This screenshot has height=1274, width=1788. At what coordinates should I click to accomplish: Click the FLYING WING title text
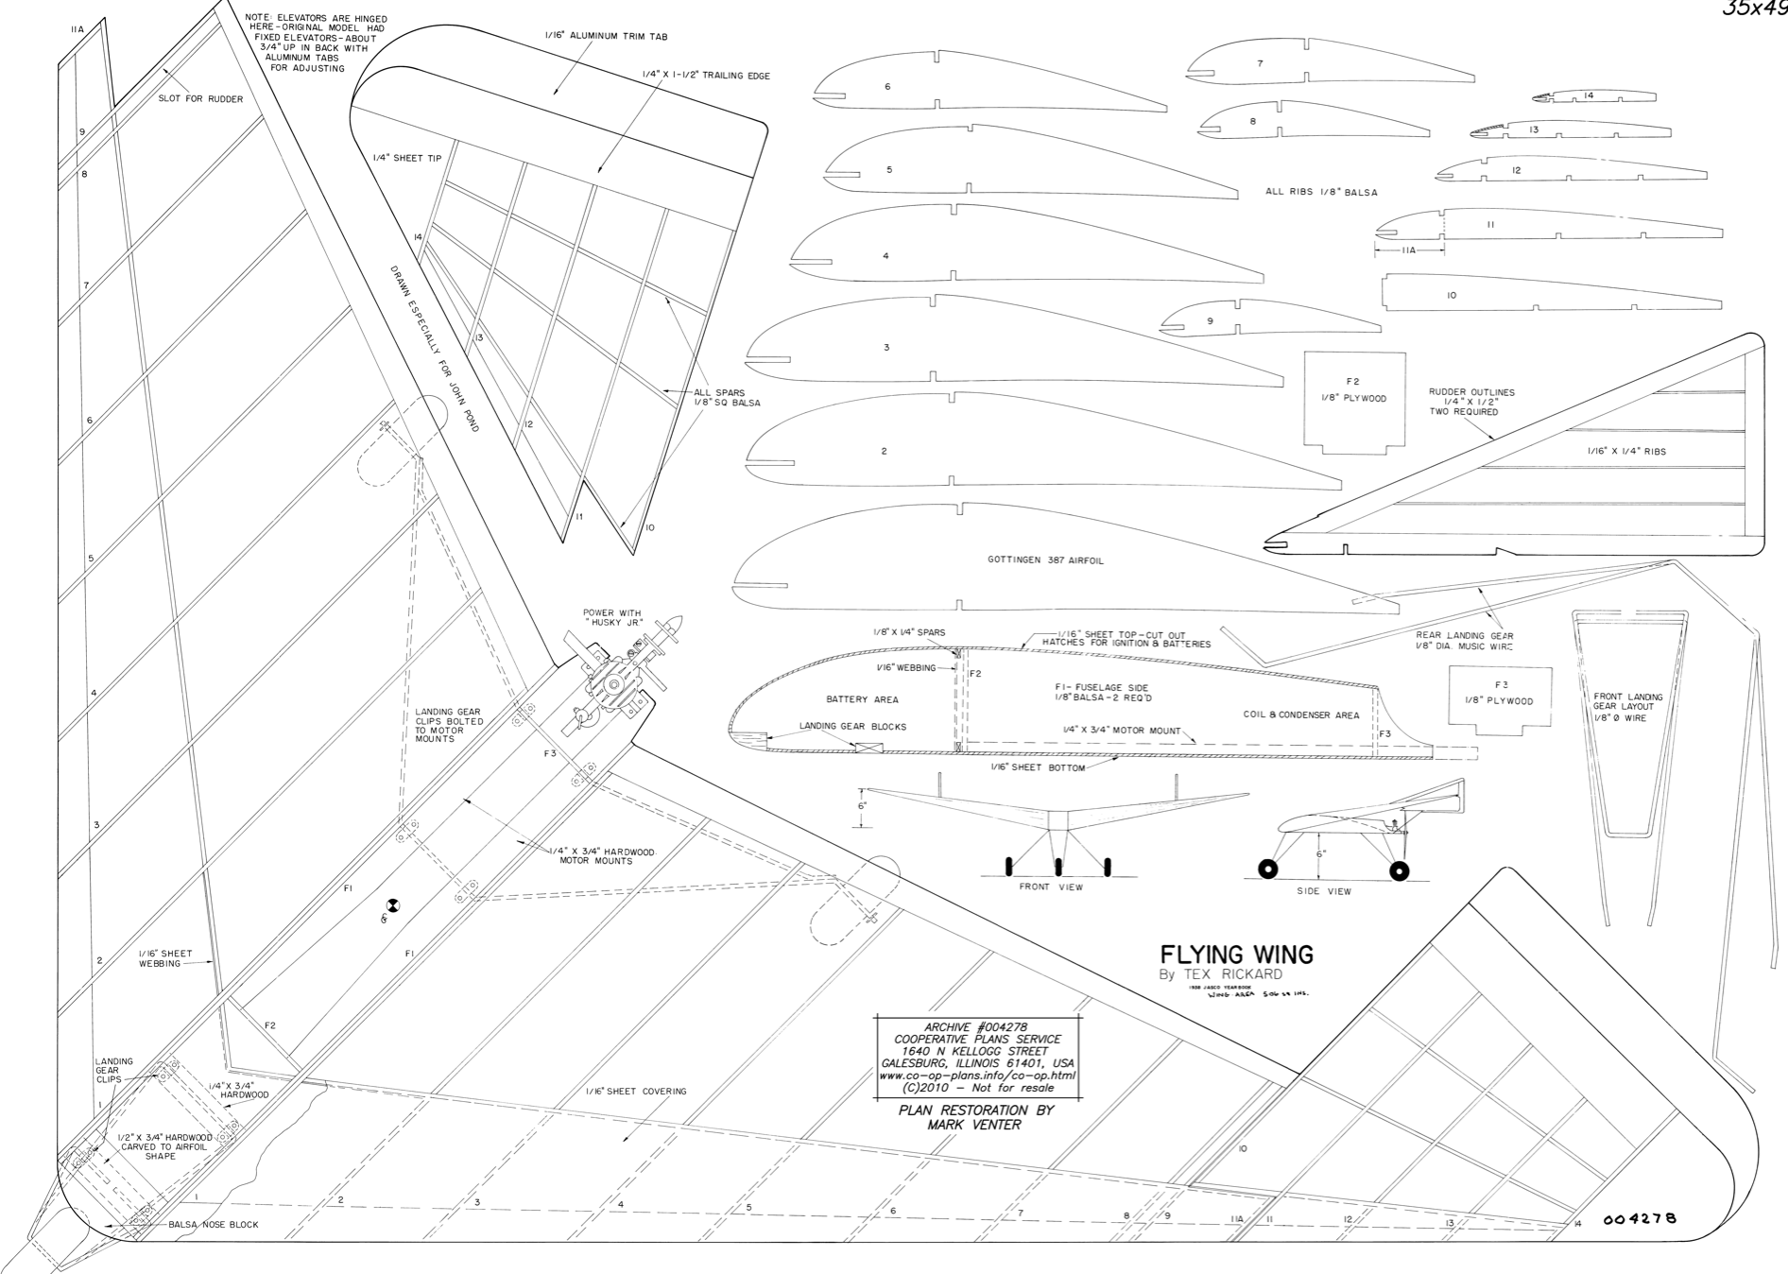click(1236, 955)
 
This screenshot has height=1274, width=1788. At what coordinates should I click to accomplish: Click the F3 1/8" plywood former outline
click(1499, 697)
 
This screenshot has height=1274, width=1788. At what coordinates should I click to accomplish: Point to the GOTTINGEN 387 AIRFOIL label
click(1045, 560)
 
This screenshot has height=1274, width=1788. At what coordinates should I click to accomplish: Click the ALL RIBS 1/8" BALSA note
click(1320, 192)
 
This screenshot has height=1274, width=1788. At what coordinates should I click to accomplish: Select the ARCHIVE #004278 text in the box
click(977, 1027)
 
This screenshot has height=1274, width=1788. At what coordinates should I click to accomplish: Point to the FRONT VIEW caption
click(1051, 887)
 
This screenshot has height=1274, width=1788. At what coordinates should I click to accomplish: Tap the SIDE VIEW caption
click(1324, 891)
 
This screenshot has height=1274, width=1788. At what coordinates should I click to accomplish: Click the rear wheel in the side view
click(1401, 870)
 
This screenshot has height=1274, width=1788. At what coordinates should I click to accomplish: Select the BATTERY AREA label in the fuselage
click(862, 699)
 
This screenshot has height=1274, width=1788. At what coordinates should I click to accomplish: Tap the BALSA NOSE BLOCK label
click(213, 1225)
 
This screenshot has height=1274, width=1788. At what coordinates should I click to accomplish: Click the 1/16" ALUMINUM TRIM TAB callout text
click(606, 37)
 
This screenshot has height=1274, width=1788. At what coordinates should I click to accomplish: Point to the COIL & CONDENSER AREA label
click(1300, 715)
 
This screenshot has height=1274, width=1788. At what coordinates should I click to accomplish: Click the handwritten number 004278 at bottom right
click(1640, 1218)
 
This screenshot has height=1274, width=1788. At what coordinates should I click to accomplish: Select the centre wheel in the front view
click(1058, 866)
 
